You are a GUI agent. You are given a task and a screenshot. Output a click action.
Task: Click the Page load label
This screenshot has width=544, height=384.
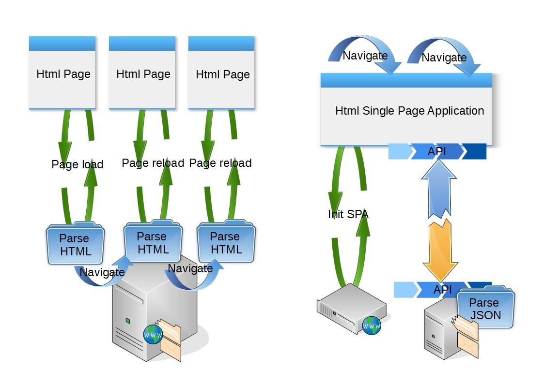coord(78,164)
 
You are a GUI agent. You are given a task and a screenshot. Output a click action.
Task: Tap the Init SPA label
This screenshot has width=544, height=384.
coord(348,214)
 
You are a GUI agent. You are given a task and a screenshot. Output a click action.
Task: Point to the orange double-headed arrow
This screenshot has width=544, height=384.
coord(440,250)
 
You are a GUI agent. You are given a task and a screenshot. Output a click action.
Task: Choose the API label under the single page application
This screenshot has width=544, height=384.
coord(437,152)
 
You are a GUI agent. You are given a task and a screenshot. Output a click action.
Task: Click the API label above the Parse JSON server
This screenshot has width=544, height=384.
coord(442,290)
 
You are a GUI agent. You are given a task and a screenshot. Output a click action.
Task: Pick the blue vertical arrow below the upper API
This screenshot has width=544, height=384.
coord(439,189)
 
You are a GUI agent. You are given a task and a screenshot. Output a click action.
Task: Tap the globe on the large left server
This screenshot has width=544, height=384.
coord(153,334)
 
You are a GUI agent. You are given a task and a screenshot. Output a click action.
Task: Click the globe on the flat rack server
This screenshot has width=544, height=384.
coord(372,325)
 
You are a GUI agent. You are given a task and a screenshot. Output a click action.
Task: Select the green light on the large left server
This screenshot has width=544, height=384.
coord(127,320)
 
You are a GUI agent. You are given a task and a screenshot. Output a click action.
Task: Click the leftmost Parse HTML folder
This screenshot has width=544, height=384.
coord(75,245)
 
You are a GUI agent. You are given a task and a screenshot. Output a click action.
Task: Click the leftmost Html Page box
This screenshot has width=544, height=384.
coord(62,73)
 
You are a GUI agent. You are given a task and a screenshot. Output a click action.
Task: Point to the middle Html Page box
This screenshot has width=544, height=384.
coord(142,73)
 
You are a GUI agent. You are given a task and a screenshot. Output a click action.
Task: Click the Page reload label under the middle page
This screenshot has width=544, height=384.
coord(153,163)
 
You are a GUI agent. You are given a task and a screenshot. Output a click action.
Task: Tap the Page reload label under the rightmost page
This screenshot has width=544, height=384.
coord(220,163)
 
